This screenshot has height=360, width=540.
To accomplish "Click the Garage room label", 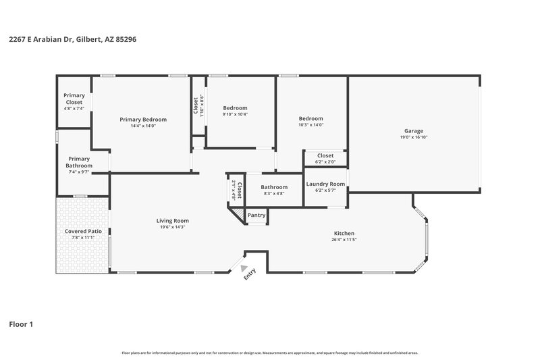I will tap(414, 131).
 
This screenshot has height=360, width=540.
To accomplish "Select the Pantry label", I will tap(256, 215).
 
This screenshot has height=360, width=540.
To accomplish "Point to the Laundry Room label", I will tap(325, 184).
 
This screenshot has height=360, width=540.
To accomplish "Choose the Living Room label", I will tap(172, 220).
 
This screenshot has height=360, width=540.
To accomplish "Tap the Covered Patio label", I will tap(83, 231).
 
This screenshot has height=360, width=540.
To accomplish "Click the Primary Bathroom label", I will tap(79, 162).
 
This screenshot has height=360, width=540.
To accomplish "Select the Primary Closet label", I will tap(74, 99).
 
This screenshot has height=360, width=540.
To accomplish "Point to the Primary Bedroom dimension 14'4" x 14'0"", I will tap(143, 126).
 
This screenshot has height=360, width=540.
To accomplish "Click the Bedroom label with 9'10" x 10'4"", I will tap(236, 108).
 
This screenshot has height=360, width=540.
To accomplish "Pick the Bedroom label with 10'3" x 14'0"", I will tap(311, 118).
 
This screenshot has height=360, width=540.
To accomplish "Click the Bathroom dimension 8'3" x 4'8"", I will tap(274, 193).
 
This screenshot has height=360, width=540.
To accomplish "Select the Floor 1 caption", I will tap(21, 324).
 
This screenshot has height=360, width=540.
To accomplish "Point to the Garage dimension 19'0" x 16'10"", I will tap(414, 137).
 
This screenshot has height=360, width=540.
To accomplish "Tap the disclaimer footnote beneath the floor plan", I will tap(270, 353).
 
